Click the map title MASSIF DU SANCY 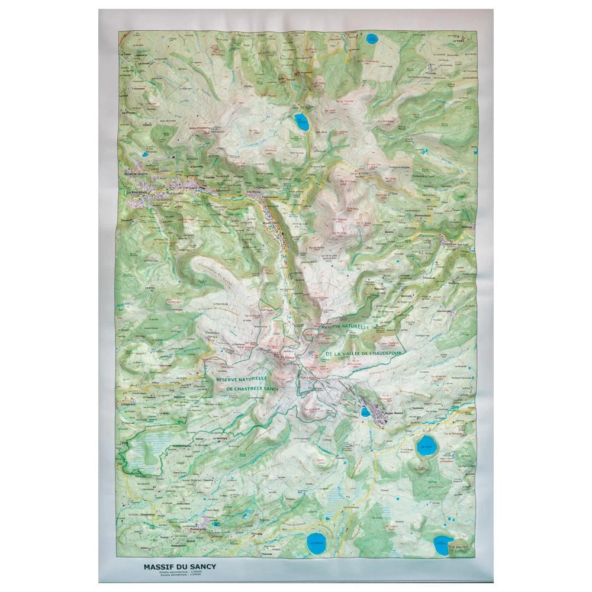click(x=179, y=566)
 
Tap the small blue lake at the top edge click(x=372, y=41)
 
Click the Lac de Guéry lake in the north click(x=301, y=123)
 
